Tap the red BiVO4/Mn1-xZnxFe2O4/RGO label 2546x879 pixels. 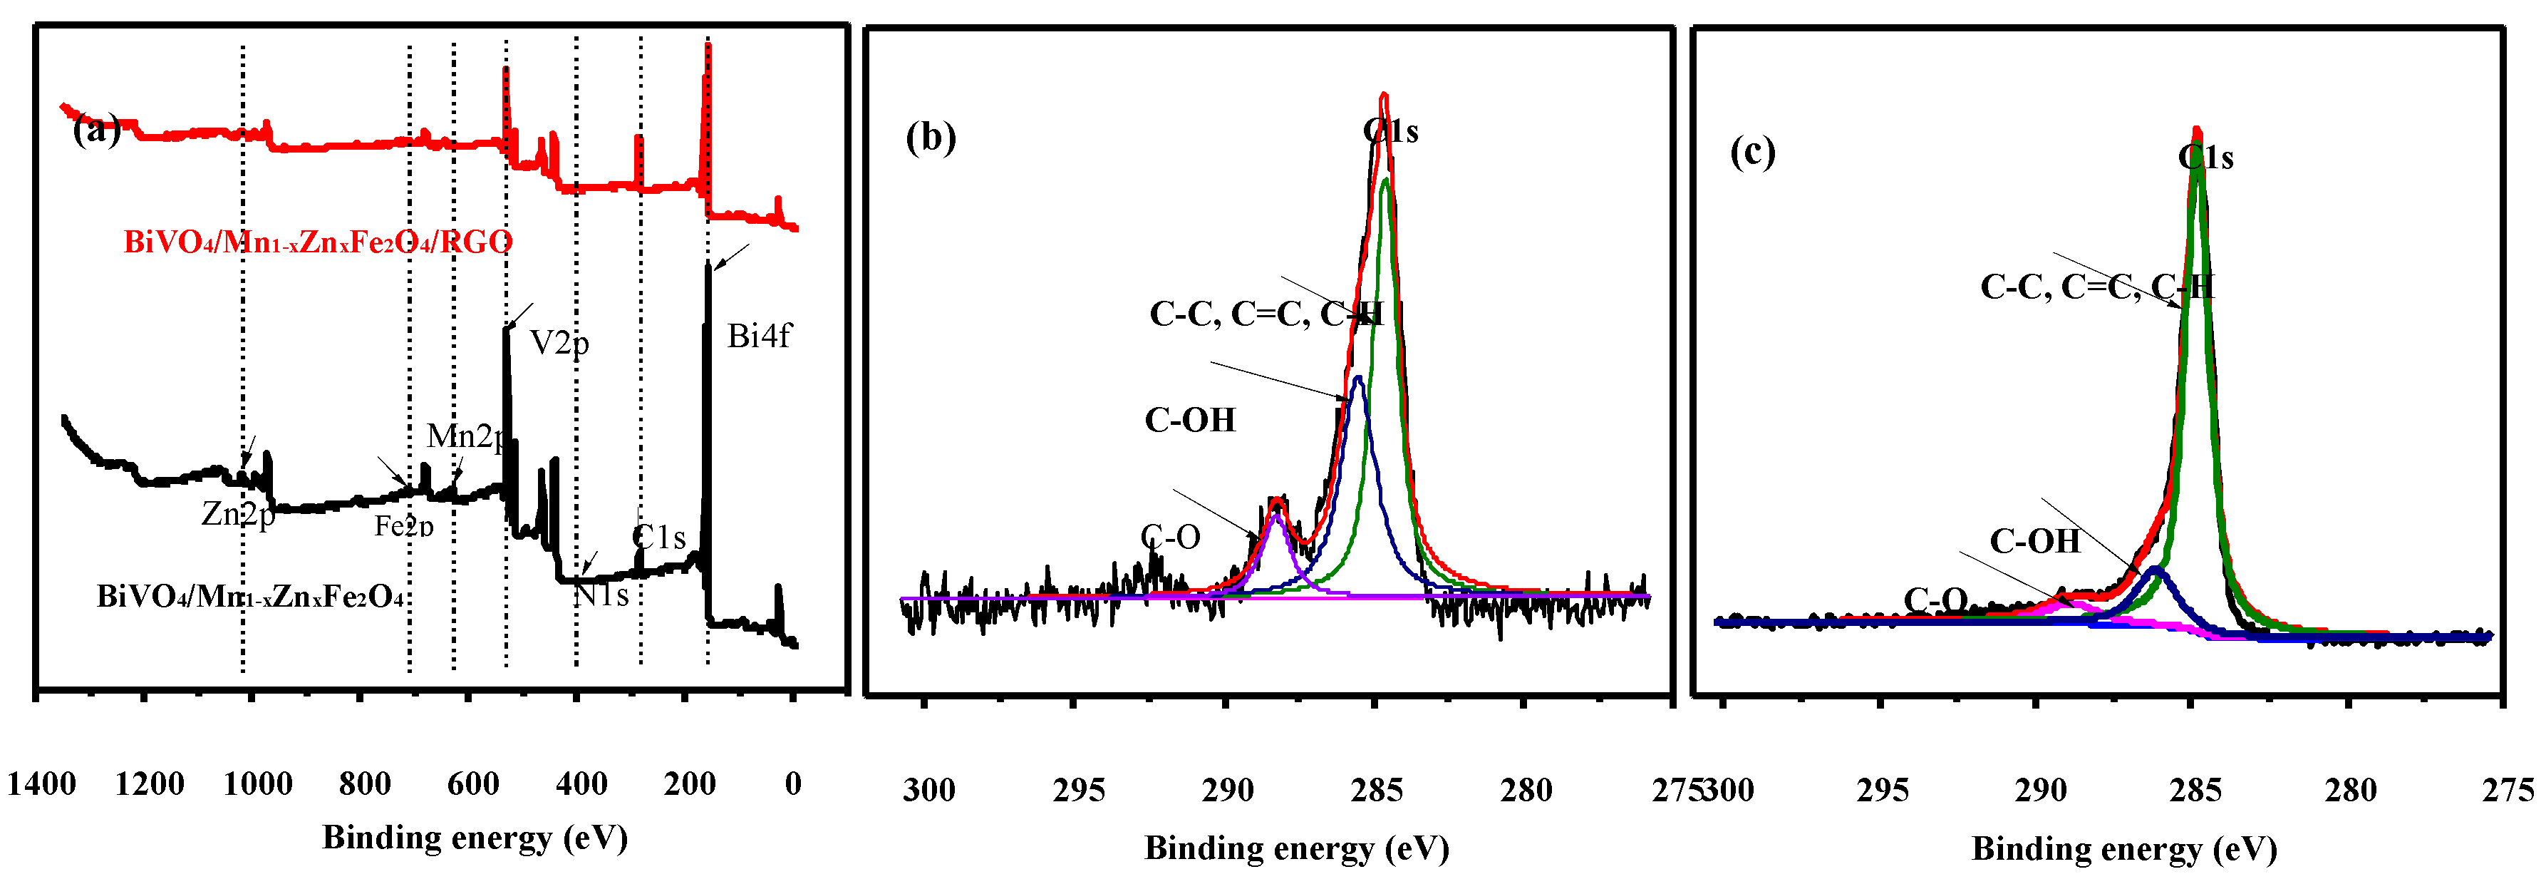[317, 242]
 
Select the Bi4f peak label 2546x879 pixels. [758, 336]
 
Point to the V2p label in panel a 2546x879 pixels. [559, 343]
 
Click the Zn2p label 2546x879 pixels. [237, 514]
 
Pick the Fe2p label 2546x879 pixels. [403, 526]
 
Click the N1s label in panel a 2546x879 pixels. [601, 595]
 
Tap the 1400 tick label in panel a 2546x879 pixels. [41, 784]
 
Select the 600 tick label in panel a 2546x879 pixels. [472, 784]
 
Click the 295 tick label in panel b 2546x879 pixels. [1077, 790]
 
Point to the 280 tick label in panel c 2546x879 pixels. [2350, 790]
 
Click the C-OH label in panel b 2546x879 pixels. [1189, 420]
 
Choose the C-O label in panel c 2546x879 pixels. [1935, 599]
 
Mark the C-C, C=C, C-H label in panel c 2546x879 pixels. [2096, 287]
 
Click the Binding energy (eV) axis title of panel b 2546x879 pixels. [1295, 848]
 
